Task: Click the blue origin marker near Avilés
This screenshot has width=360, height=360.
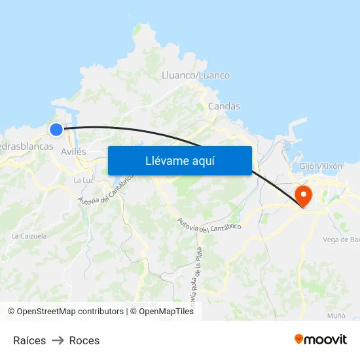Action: coord(56,130)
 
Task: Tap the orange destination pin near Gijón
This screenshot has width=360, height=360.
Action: coord(304,195)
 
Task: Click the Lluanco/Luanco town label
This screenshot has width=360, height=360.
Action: coord(195,75)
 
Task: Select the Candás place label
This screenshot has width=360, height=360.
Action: coord(224,106)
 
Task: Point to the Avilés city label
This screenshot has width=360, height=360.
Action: coord(73,151)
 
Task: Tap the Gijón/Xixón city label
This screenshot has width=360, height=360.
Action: coord(321,166)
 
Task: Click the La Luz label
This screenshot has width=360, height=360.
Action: coord(82,180)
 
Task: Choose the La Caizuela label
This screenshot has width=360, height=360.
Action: coord(29,236)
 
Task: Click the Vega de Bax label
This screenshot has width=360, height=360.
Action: coord(341,240)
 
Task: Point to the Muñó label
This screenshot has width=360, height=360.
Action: coord(336,315)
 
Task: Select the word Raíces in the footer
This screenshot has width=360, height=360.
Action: coord(29,340)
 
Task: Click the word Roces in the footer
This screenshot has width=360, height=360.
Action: coord(84,340)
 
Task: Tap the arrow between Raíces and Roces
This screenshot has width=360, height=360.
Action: coord(58,340)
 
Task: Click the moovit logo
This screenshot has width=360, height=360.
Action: coord(321,339)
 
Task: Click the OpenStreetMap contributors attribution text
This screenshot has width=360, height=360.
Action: coord(65,312)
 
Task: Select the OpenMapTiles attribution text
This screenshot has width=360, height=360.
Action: coord(166,312)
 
